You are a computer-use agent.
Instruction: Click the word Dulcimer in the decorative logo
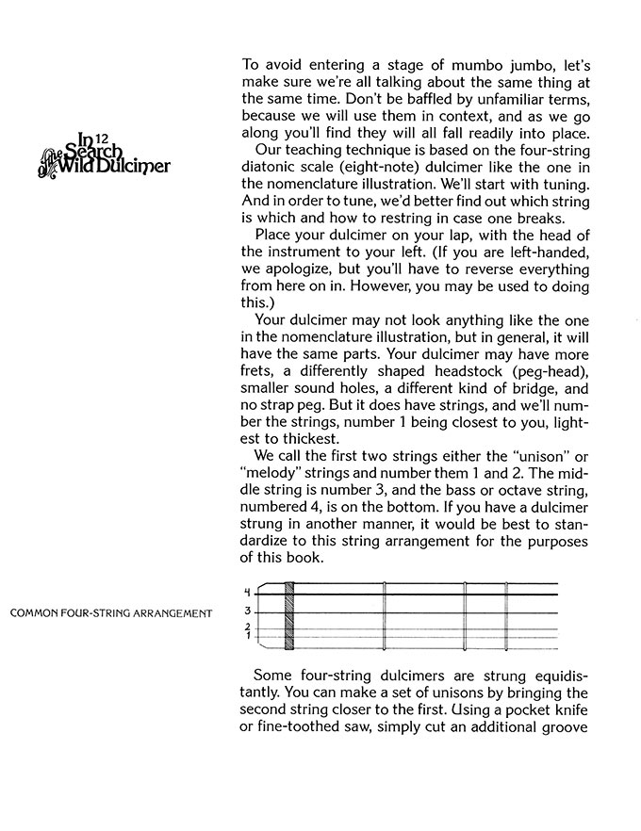click(x=140, y=168)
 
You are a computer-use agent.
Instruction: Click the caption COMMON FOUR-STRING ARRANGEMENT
click(x=110, y=614)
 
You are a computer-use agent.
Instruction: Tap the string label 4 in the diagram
click(x=248, y=593)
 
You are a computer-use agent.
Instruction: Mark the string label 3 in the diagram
click(x=248, y=611)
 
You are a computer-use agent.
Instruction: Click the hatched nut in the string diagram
click(x=289, y=617)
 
